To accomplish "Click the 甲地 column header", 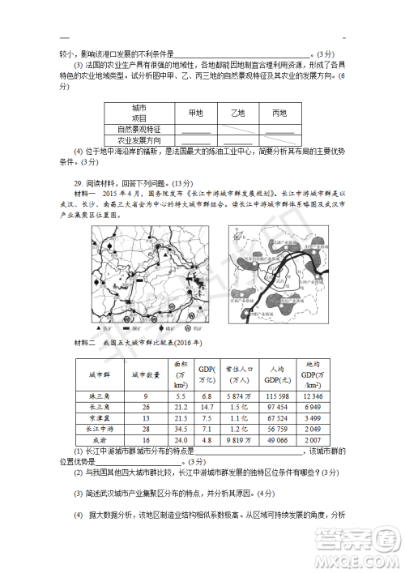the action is pos(195,113).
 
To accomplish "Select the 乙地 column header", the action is pos(237,113).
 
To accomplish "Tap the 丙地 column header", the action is pos(279,113).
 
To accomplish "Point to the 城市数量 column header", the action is pos(146,374).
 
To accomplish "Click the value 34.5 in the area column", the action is pos(181,428).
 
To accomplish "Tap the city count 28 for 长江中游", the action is pos(146,428).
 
